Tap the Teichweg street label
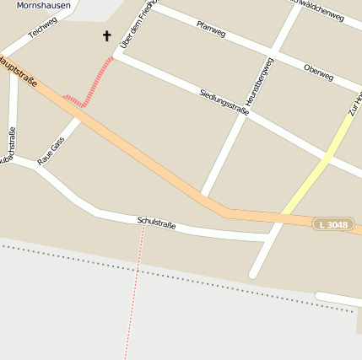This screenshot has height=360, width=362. click(x=42, y=28)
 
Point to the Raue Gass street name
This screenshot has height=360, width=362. click(x=51, y=151)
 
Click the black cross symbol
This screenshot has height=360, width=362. click(x=106, y=35)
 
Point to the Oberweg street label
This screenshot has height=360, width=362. click(x=318, y=72)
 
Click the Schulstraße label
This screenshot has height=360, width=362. click(x=156, y=223)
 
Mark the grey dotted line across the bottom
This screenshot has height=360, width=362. click(x=169, y=277)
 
